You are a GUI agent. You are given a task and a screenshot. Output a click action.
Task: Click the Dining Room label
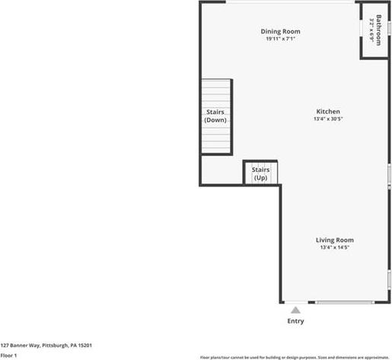click(x=280, y=32)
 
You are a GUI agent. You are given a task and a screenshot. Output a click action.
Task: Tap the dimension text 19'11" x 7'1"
click(x=280, y=39)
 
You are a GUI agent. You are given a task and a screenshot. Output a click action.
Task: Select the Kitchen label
click(x=328, y=111)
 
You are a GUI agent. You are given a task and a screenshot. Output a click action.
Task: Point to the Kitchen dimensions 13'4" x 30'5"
click(x=328, y=119)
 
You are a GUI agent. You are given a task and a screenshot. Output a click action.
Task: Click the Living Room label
click(x=335, y=240)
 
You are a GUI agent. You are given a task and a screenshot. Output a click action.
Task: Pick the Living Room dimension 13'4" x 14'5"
click(x=335, y=247)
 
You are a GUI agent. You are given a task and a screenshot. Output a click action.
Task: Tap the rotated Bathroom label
click(x=378, y=30)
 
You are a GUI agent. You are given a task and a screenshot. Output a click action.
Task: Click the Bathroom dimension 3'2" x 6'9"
click(x=371, y=30)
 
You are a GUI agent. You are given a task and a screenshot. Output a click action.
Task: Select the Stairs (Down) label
click(x=215, y=116)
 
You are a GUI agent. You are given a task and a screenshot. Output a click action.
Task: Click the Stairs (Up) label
click(x=260, y=174)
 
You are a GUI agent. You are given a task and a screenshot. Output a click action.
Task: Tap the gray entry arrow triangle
click(x=295, y=310)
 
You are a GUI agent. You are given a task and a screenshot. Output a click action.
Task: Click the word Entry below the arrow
click(x=295, y=321)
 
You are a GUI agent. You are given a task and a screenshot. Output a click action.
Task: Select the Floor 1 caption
click(x=8, y=355)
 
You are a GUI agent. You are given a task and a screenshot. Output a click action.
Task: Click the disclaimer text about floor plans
click(x=295, y=358)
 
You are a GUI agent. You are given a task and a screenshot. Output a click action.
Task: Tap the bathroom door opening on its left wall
click(x=361, y=28)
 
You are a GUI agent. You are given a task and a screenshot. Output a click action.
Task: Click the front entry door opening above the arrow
click(x=296, y=302)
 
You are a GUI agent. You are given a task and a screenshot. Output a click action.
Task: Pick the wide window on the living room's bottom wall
click(x=345, y=302)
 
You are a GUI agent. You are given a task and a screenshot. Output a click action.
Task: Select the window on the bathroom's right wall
click(x=389, y=28)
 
